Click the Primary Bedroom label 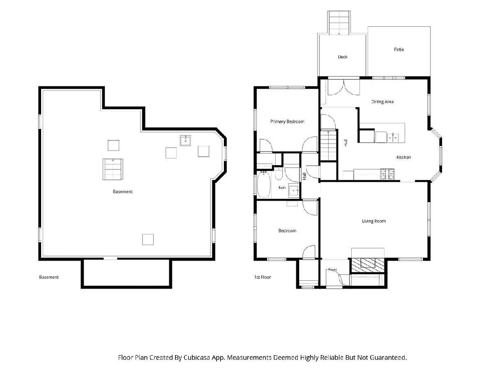tap(287, 122)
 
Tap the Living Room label tap(374, 221)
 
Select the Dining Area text tap(382, 102)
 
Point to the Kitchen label tap(403, 157)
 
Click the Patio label tap(399, 49)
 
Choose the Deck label tap(343, 57)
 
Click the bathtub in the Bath tap(264, 185)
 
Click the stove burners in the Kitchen tap(387, 174)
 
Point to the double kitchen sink tap(393, 137)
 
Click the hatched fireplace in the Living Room tap(367, 265)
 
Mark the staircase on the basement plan tap(113, 169)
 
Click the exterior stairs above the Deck tap(339, 23)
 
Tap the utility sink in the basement tap(185, 141)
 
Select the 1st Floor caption tap(263, 277)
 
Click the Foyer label tap(332, 270)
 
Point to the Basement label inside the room tap(122, 192)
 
